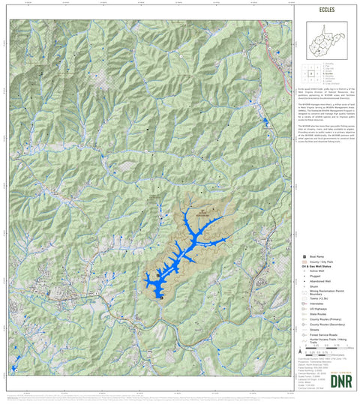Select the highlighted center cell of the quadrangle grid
pyautogui.click(x=311, y=73)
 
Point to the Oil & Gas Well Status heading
pyautogui.click(x=319, y=267)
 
